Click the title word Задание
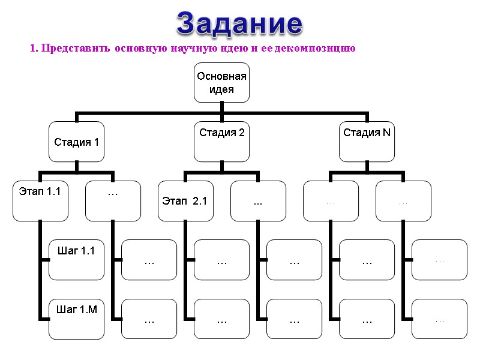click(239, 23)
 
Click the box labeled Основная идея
click(221, 83)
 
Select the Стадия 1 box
click(76, 142)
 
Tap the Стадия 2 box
click(221, 142)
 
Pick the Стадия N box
click(367, 142)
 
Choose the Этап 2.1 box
click(185, 201)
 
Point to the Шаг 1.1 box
click(76, 260)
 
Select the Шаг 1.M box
click(76, 319)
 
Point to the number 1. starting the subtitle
click(34, 49)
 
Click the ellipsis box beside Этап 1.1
click(113, 201)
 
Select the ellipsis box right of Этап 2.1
click(258, 201)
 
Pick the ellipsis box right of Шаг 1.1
click(149, 260)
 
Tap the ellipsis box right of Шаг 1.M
click(149, 319)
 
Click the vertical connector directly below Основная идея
click(221, 107)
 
